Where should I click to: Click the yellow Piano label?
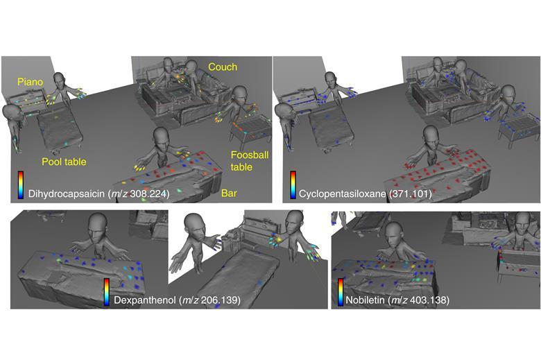(x=31, y=82)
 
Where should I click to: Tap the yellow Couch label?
(x=222, y=67)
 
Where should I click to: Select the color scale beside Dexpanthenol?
(x=105, y=291)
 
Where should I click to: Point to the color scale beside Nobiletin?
(x=341, y=291)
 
